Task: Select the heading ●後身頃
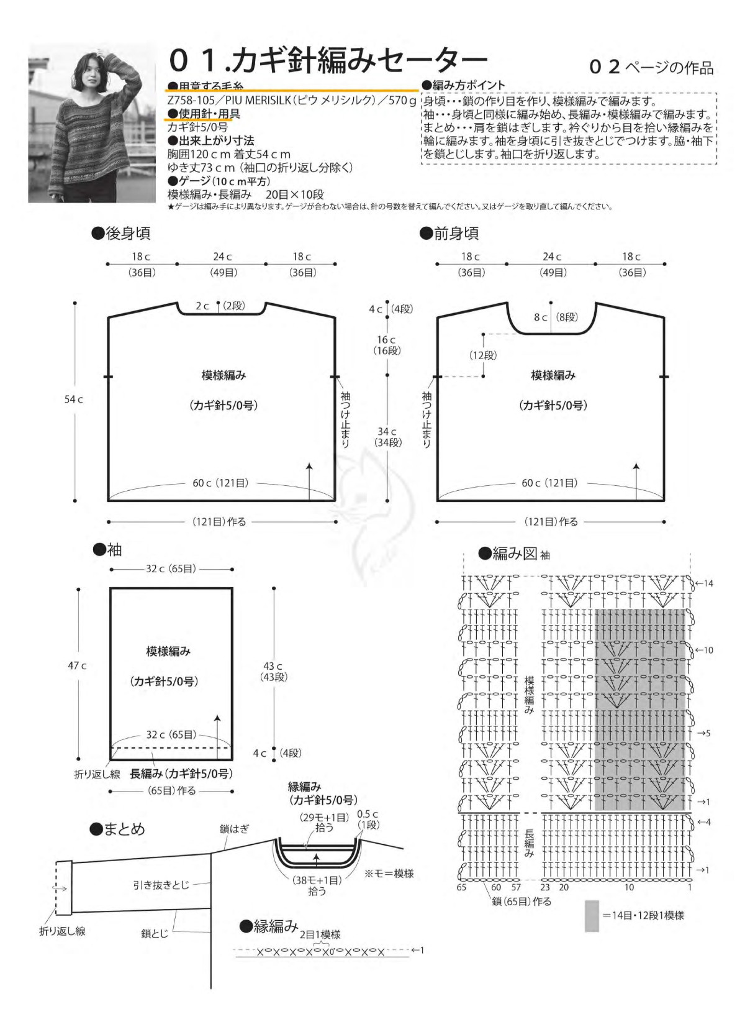click(120, 234)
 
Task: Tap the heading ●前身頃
click(449, 234)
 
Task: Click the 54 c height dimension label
click(73, 400)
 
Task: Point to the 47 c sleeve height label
click(77, 665)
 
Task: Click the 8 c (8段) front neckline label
click(556, 317)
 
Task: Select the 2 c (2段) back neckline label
click(220, 306)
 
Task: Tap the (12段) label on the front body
click(482, 355)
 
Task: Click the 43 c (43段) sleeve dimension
click(273, 671)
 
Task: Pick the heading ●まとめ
click(117, 829)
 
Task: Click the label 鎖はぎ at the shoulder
click(234, 829)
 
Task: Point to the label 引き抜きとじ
click(161, 885)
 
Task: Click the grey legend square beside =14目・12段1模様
click(592, 916)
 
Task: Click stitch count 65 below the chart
click(461, 888)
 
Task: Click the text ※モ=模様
click(389, 874)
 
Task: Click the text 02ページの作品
click(652, 68)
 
